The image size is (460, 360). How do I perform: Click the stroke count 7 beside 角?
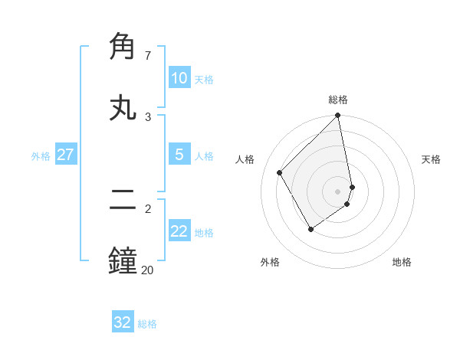click(x=148, y=55)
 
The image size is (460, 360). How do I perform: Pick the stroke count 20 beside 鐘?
click(x=147, y=270)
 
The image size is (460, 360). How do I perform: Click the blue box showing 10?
click(x=179, y=78)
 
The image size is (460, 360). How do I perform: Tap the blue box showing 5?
click(x=179, y=155)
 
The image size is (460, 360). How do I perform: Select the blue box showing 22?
click(x=179, y=231)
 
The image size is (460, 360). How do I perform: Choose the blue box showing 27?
click(x=65, y=155)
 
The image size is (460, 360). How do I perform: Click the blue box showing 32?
click(x=122, y=322)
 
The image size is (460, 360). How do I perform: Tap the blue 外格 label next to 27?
click(x=41, y=156)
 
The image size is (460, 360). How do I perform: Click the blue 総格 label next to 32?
click(x=147, y=324)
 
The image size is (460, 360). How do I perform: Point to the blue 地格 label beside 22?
click(x=204, y=233)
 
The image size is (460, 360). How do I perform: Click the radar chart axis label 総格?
click(x=338, y=100)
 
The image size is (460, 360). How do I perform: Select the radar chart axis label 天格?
click(x=431, y=159)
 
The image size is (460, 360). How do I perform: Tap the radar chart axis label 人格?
click(x=245, y=159)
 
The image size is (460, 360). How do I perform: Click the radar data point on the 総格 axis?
click(x=338, y=116)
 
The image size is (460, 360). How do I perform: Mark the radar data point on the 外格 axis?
click(x=310, y=229)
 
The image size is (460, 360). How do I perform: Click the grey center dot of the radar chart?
click(x=338, y=191)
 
